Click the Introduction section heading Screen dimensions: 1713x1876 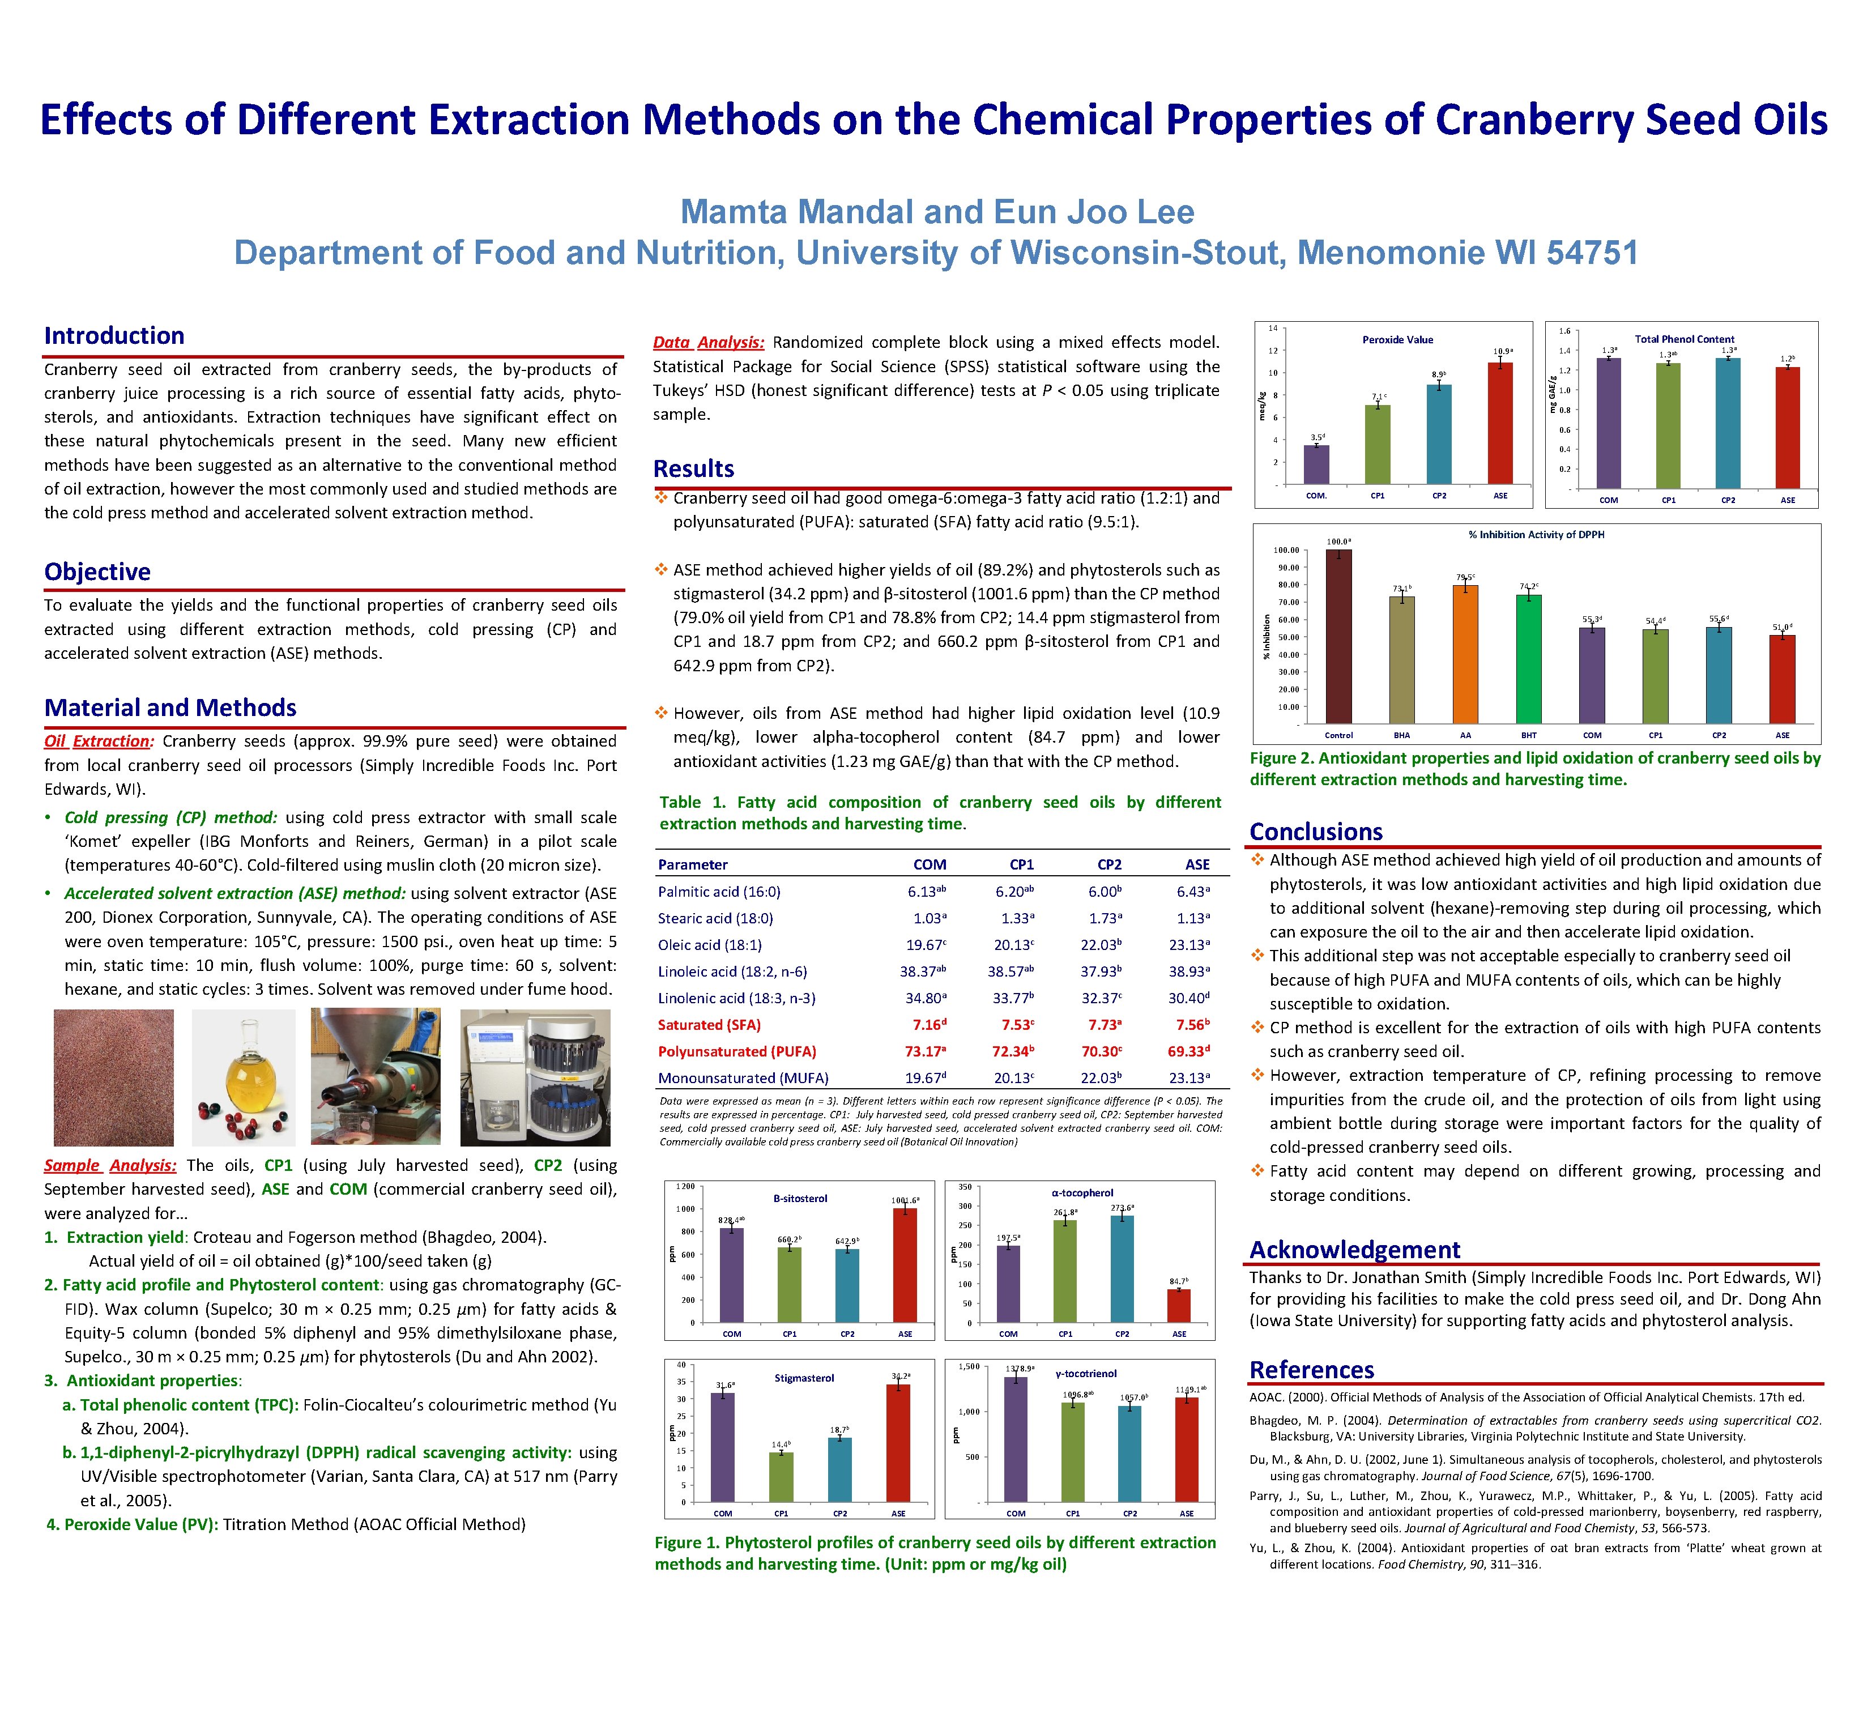(x=114, y=336)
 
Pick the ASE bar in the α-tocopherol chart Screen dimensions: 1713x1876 (x=1179, y=1306)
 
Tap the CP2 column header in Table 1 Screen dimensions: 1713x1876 (x=1109, y=864)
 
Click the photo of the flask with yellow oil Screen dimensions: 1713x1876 (x=243, y=1077)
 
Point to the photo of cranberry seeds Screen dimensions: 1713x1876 (x=113, y=1077)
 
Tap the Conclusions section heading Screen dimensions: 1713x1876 (x=1316, y=832)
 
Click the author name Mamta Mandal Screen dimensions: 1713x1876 (x=796, y=212)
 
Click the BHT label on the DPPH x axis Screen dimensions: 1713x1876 (x=1528, y=735)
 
